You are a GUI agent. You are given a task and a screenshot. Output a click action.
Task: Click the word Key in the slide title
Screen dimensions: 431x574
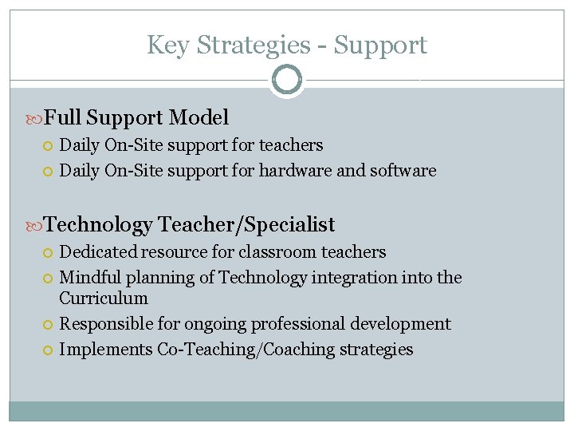pyautogui.click(x=165, y=45)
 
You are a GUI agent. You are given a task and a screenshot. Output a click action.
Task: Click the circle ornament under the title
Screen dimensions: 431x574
pyautogui.click(x=286, y=80)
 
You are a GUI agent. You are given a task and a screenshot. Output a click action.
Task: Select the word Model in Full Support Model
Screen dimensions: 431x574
pyautogui.click(x=199, y=118)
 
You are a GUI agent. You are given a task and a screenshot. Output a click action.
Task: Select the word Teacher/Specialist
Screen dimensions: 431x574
pyautogui.click(x=246, y=225)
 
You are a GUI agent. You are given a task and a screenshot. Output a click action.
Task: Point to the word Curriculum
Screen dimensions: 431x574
pyautogui.click(x=104, y=299)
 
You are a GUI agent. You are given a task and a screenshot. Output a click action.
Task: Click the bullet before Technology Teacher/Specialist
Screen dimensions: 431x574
pyautogui.click(x=34, y=226)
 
